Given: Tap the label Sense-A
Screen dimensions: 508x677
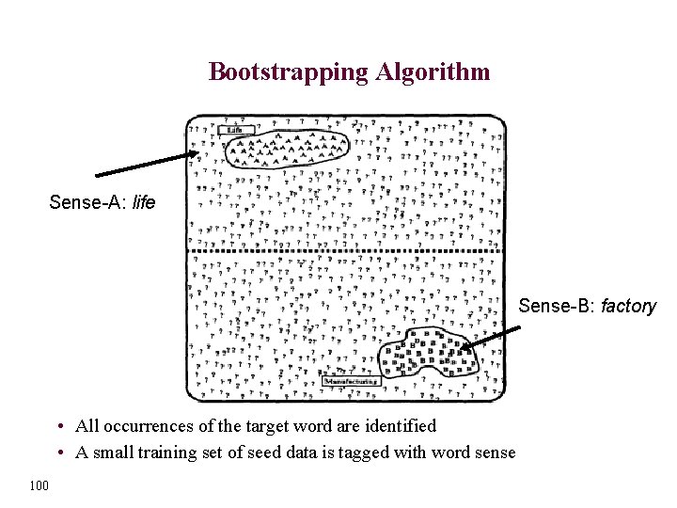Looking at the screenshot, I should click(x=88, y=202).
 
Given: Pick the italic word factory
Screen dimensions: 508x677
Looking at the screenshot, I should click(x=628, y=306).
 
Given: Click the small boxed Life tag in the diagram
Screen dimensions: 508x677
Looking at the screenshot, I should click(x=235, y=130).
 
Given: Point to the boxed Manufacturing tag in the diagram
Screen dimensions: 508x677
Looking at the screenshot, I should click(x=351, y=381).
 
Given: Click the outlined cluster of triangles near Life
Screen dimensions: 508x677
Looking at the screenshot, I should click(x=286, y=148).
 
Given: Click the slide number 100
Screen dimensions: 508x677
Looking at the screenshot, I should click(x=39, y=484).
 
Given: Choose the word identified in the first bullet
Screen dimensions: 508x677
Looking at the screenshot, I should click(x=399, y=426).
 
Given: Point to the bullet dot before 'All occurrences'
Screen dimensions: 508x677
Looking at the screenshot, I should click(x=60, y=427).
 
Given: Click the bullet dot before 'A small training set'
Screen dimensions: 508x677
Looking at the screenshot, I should click(x=60, y=453).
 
